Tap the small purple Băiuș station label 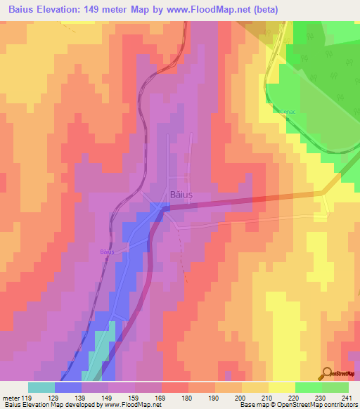point(107,250)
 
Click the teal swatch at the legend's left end point(41,387)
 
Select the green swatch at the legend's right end point(335,387)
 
